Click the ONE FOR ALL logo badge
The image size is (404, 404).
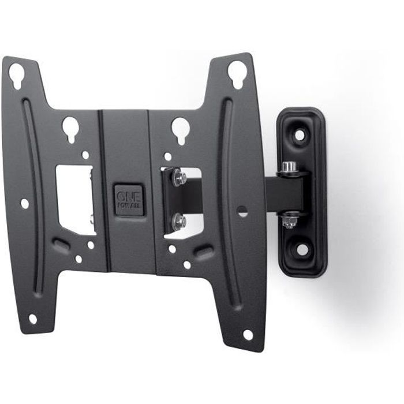point(129,200)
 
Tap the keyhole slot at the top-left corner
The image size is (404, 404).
point(17,75)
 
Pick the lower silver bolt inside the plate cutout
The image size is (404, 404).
point(179,220)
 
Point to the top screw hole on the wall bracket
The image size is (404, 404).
point(300,134)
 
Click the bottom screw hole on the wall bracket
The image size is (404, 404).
point(302,249)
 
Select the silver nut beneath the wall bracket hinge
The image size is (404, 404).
point(290,221)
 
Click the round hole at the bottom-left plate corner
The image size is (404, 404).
point(33,319)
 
